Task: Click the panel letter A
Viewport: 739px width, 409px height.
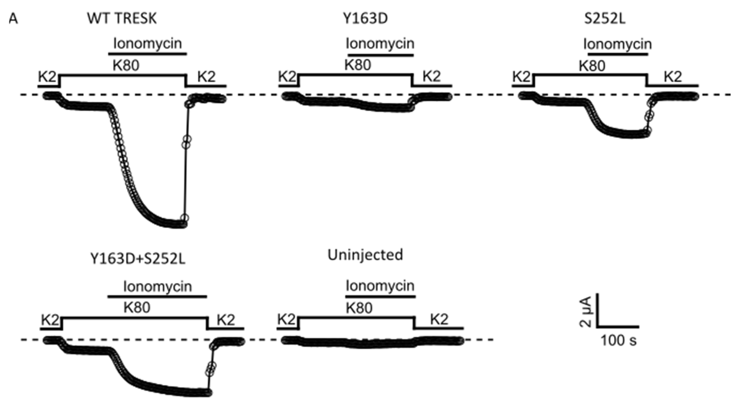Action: click(13, 19)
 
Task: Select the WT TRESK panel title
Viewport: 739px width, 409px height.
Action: click(122, 19)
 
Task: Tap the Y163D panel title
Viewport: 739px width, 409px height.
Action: click(365, 19)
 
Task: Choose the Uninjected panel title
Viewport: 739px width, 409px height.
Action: click(365, 255)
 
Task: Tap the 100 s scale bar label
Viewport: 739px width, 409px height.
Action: click(618, 341)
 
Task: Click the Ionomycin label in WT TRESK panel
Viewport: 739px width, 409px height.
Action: click(147, 44)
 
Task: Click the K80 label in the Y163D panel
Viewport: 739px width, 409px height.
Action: click(357, 65)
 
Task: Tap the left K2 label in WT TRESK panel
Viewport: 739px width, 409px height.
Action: click(47, 77)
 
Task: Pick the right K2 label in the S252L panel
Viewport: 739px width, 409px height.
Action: click(673, 77)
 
